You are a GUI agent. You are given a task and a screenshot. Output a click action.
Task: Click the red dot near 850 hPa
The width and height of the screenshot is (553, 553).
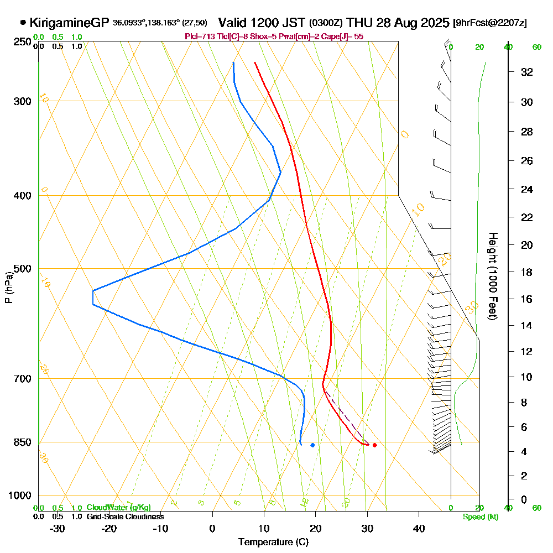(x=375, y=445)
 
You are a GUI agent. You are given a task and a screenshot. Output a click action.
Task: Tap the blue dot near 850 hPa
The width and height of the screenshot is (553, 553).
(x=313, y=445)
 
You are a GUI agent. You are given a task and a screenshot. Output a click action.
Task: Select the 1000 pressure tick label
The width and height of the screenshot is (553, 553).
(x=20, y=495)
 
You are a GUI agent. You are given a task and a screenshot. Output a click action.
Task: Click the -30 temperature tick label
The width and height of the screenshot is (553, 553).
(x=58, y=528)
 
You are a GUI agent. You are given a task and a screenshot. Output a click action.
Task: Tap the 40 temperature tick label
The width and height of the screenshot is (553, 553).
(x=419, y=528)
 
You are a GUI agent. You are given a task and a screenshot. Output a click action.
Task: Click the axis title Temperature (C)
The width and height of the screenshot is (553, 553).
(x=273, y=542)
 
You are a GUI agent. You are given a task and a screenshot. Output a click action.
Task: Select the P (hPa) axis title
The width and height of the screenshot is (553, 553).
(x=8, y=287)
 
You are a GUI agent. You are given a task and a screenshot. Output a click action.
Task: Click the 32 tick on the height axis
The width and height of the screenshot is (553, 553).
(x=526, y=72)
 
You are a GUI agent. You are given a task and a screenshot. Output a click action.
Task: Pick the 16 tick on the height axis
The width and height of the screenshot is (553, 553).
(x=526, y=299)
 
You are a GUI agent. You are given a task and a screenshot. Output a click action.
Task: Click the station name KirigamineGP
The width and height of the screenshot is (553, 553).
(x=69, y=23)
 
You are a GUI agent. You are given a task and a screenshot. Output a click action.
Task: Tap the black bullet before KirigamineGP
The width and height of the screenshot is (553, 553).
(x=23, y=23)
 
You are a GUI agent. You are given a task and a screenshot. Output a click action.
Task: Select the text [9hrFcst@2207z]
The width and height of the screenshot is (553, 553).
(x=489, y=23)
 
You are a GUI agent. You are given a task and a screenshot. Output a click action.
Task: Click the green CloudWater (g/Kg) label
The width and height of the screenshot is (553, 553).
(x=118, y=508)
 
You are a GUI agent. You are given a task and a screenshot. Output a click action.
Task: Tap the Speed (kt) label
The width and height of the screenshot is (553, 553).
(x=480, y=517)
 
